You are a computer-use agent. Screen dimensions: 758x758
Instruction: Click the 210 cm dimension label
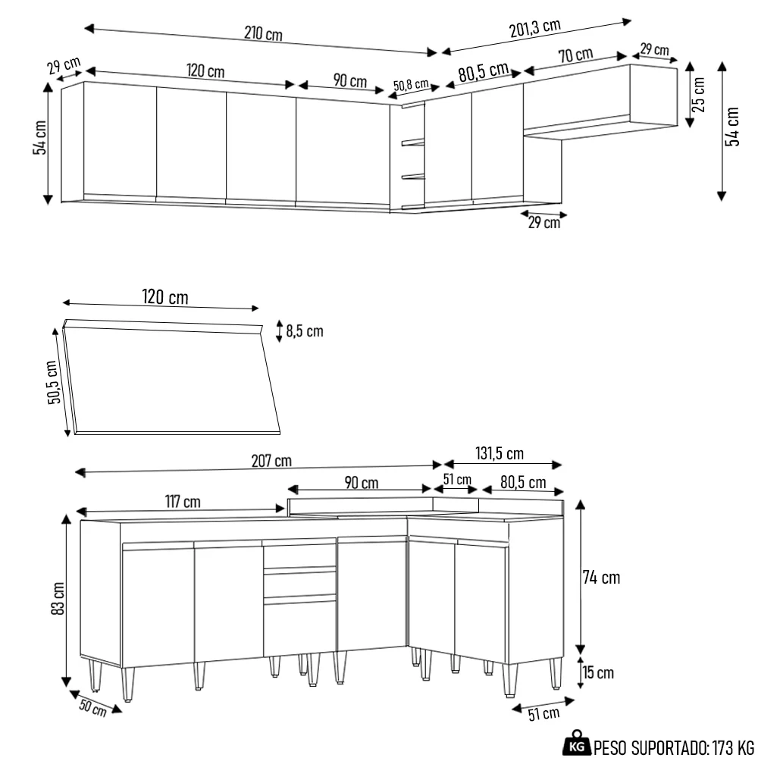(x=263, y=34)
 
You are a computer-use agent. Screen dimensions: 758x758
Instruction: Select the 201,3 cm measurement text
(x=534, y=28)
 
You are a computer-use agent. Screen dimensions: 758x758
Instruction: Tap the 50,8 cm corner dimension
(x=412, y=84)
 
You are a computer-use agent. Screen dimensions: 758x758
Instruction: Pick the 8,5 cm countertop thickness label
(x=304, y=331)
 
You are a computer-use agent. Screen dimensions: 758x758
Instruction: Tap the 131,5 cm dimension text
(x=499, y=454)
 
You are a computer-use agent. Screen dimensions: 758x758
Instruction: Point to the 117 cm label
(x=183, y=502)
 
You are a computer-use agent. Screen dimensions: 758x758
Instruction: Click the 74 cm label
(x=601, y=578)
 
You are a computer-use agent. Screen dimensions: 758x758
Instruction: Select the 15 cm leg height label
(x=599, y=672)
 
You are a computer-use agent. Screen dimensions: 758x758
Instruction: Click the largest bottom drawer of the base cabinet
(x=299, y=625)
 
